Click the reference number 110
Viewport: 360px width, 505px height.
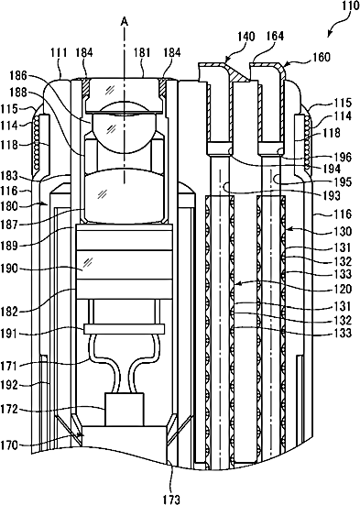(350, 6)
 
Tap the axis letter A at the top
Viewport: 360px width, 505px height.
(124, 22)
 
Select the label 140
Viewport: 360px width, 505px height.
(246, 37)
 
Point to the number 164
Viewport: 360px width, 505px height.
(275, 36)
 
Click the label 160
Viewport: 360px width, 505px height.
(322, 57)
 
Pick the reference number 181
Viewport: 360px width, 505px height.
(142, 52)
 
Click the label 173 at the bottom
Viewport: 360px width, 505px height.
(171, 499)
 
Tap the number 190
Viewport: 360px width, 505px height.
(9, 268)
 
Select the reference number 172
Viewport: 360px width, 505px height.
(9, 410)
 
